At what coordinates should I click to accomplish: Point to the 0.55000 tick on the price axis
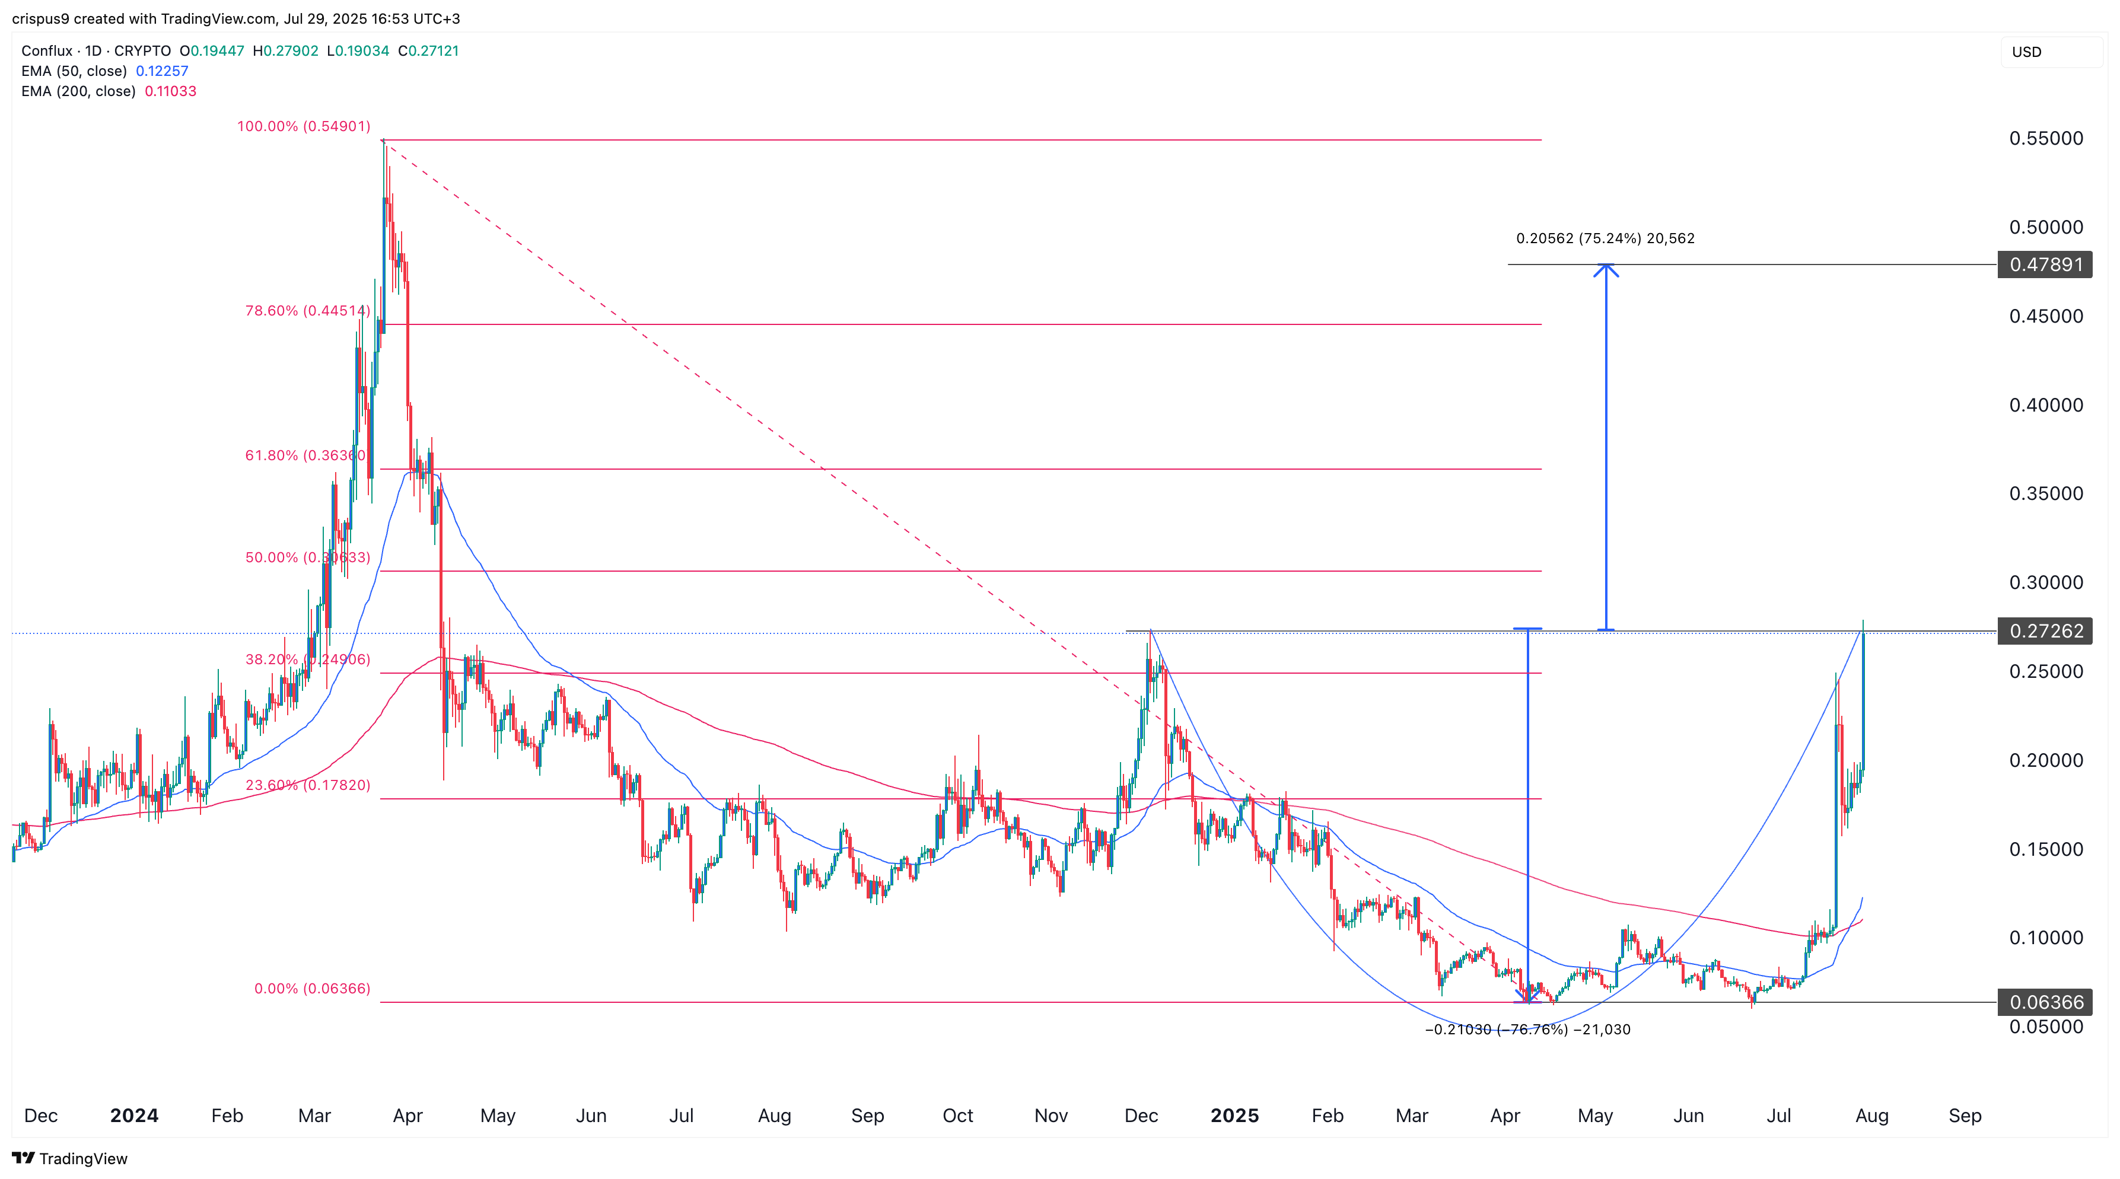(x=2046, y=138)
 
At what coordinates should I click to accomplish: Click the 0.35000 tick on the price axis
(x=2046, y=493)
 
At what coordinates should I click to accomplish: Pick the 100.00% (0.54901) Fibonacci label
(x=304, y=126)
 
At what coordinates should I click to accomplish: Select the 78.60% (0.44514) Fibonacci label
(x=307, y=310)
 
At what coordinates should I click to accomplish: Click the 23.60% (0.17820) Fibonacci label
(x=307, y=785)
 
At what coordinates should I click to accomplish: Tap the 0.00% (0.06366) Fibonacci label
(x=312, y=988)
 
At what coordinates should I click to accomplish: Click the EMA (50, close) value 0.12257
(x=162, y=71)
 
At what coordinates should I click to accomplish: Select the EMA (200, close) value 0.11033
(x=170, y=91)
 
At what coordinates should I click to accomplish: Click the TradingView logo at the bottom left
(x=70, y=1158)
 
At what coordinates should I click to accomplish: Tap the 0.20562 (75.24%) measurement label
(x=1605, y=238)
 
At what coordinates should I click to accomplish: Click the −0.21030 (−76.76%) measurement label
(x=1527, y=1030)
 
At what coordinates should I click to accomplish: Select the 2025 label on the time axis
(x=1234, y=1116)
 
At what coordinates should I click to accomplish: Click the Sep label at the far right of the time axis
(x=1965, y=1116)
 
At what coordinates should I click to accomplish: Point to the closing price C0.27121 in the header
(x=428, y=51)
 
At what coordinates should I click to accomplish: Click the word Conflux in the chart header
(x=47, y=51)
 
